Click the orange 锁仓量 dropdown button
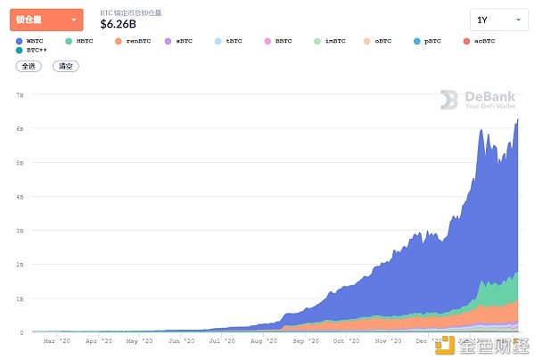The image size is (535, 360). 46,20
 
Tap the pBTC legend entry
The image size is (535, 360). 429,41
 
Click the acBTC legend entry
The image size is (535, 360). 481,41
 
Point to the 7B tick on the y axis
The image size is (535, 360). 19,94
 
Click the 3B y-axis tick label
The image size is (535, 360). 19,230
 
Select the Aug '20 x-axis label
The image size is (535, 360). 264,340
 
